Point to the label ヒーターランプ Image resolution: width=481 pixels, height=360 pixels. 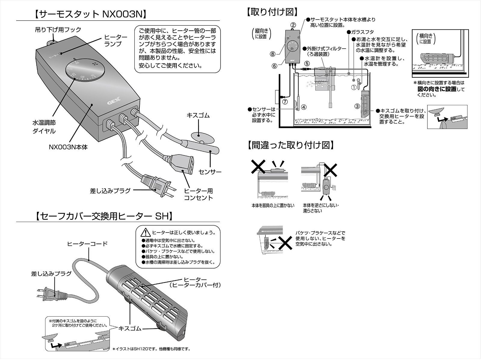(115, 40)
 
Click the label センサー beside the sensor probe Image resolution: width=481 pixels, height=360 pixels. (210, 172)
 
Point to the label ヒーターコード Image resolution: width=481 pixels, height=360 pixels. (87, 244)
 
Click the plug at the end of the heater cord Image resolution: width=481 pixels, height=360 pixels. (48, 293)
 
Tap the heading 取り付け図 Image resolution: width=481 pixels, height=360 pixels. (272, 12)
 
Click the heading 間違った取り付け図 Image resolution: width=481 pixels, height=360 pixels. (290, 145)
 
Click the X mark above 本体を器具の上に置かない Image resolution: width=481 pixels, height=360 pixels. (258, 167)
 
